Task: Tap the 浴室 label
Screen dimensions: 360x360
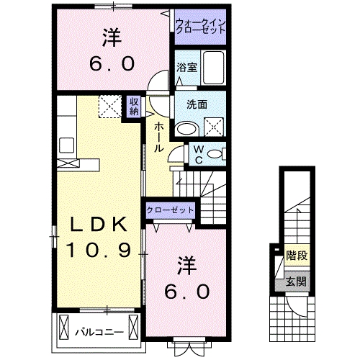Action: pos(186,68)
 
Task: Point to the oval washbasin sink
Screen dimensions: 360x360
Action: pos(186,127)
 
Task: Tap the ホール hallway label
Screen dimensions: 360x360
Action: pos(158,135)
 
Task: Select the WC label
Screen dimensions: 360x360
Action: pos(197,154)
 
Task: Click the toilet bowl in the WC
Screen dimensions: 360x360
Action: pos(219,153)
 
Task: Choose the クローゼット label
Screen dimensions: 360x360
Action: pos(170,210)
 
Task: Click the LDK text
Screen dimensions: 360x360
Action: pos(99,225)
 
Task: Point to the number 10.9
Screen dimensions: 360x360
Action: pos(99,251)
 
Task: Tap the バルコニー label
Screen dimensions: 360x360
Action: pos(99,332)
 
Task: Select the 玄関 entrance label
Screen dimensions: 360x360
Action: pos(294,281)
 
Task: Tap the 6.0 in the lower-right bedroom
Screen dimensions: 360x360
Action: pos(189,291)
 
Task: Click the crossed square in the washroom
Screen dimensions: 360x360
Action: pos(214,127)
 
